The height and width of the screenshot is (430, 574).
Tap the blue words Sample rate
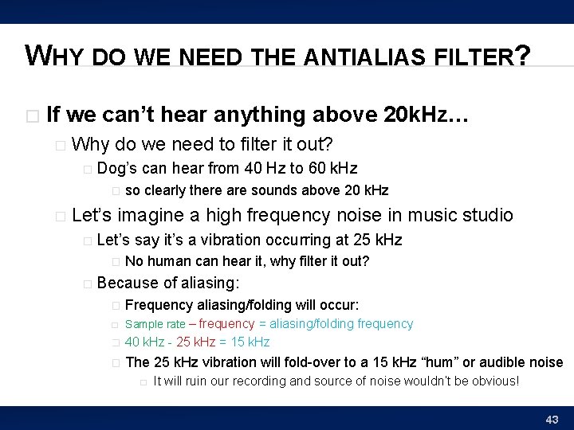(155, 324)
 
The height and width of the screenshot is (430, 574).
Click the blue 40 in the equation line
(133, 342)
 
